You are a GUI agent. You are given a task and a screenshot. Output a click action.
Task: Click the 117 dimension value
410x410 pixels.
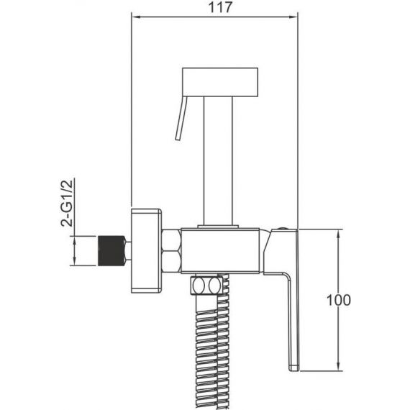click(x=220, y=7)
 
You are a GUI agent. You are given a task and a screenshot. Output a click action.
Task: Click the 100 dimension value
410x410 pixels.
click(x=339, y=300)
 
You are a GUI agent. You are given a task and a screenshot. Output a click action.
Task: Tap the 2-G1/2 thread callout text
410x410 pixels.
click(x=67, y=203)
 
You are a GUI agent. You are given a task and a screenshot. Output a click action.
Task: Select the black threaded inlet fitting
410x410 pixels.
click(x=111, y=251)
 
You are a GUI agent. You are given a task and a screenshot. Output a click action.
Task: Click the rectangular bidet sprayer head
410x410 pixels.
click(x=220, y=82)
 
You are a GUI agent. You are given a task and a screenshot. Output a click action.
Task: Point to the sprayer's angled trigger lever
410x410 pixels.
click(x=181, y=119)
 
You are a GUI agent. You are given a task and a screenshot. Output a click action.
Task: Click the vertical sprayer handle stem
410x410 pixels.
click(x=218, y=161)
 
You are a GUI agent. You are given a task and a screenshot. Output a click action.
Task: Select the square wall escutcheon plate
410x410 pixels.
click(x=146, y=250)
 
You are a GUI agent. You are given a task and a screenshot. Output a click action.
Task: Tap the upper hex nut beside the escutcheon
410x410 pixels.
click(x=171, y=240)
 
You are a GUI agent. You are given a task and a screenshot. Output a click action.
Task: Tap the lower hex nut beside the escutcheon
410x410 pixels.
click(x=171, y=262)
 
